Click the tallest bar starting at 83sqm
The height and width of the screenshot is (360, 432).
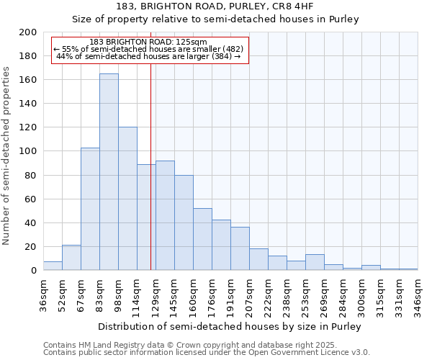[109, 172]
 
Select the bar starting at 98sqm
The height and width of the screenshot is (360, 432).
[127, 199]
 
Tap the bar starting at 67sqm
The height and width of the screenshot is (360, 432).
[90, 209]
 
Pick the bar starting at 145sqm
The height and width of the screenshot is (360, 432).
[184, 222]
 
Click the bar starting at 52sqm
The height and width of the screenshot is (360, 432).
[71, 258]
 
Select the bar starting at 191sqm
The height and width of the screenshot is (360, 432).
[240, 249]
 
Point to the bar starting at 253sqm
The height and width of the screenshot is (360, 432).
[315, 263]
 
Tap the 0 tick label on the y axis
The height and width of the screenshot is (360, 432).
[34, 271]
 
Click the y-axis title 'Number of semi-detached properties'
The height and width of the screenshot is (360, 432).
[7, 156]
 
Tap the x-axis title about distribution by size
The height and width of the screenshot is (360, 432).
[230, 326]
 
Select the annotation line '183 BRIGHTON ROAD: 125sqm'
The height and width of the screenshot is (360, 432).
[150, 42]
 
